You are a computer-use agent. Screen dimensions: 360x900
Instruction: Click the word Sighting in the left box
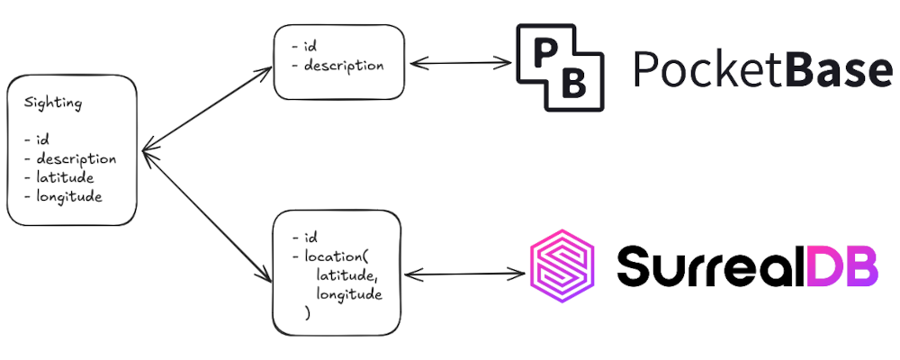pos(53,103)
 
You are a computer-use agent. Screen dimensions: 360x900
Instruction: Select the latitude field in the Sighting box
pos(66,178)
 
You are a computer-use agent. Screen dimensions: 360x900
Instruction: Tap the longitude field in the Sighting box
pos(69,196)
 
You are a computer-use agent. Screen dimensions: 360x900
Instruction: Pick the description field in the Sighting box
pos(76,159)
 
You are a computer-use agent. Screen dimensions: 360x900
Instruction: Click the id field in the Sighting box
pos(41,141)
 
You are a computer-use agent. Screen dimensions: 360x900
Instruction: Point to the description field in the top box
pos(343,66)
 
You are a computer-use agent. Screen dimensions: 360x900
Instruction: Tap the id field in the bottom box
pos(310,238)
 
